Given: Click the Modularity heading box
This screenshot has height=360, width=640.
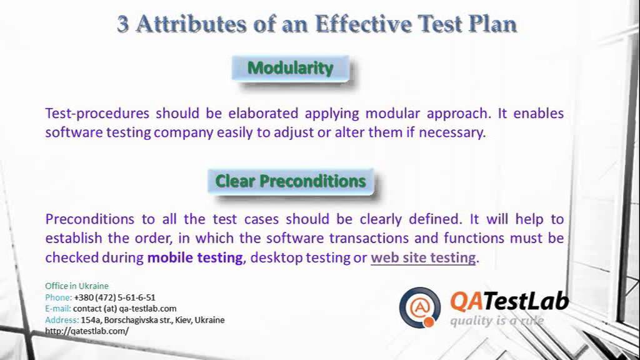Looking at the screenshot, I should pos(290,68).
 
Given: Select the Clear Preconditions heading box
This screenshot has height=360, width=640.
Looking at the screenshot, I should pos(290,181).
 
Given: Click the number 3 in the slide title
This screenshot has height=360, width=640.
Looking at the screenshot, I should pos(123,24).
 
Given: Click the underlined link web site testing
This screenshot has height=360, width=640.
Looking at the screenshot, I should pos(423,257).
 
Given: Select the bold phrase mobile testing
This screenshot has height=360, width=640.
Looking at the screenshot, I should pos(194,257).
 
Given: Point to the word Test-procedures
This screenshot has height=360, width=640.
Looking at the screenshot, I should pos(97,114).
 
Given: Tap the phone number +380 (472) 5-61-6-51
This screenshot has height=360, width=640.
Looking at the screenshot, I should pos(114,297).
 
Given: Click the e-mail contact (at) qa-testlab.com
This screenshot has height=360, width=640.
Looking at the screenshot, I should pos(124,309).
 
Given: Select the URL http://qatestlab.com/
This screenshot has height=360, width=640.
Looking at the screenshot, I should pos(87,331).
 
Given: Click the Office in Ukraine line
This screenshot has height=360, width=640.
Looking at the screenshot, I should pos(77,286).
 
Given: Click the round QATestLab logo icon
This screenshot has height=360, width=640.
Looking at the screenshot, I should pos(420,307).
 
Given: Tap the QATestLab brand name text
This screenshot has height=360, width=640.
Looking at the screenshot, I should pos(509,302).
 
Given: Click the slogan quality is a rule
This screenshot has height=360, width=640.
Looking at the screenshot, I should pos(496,321).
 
